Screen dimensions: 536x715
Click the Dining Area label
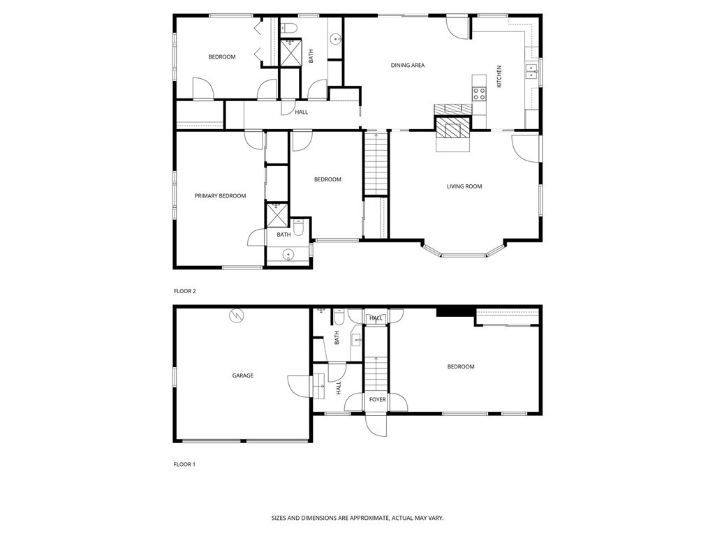[407, 66]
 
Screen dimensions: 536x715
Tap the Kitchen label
[499, 76]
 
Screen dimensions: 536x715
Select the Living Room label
[464, 186]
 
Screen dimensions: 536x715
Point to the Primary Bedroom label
[220, 196]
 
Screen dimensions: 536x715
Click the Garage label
[242, 375]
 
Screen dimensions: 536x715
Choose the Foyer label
[377, 400]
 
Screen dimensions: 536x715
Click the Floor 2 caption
[184, 291]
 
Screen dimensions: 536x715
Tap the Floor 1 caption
[184, 464]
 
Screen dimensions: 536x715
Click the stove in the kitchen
[479, 94]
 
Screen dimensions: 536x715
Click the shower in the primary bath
[277, 214]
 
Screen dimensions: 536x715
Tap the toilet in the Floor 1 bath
[338, 318]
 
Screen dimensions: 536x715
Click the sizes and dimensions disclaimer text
[357, 518]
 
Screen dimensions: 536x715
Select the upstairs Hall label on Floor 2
[301, 112]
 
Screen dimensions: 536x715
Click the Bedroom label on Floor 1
[460, 366]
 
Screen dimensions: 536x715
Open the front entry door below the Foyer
[376, 424]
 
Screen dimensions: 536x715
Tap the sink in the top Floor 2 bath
[335, 39]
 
